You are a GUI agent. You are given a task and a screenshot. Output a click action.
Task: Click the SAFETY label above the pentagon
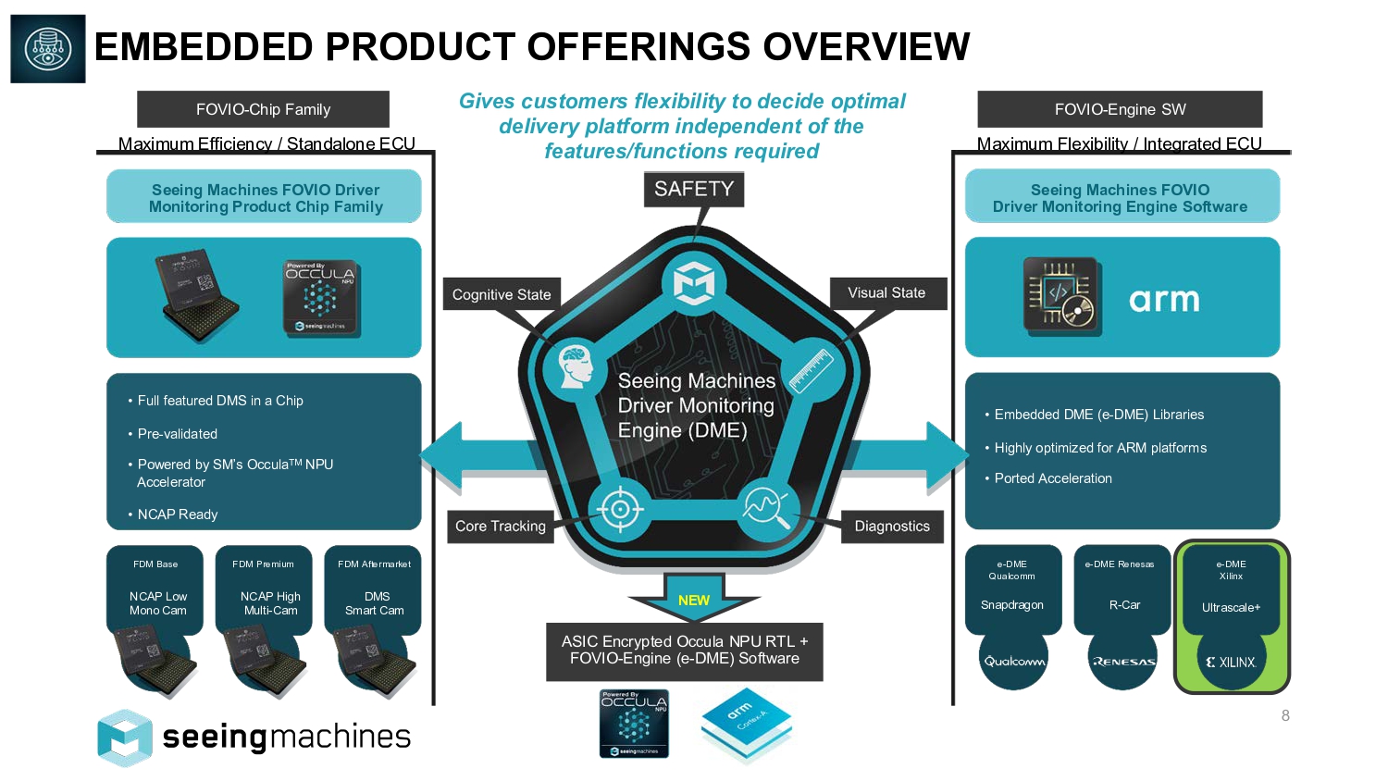click(x=694, y=190)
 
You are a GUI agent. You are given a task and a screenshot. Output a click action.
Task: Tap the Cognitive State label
click(x=501, y=294)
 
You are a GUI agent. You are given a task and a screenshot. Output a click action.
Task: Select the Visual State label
click(x=886, y=293)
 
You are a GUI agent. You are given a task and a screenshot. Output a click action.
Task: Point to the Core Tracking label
click(x=501, y=527)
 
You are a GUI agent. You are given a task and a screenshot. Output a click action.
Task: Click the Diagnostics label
click(x=892, y=527)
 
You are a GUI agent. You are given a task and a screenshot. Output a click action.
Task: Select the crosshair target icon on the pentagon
click(x=621, y=508)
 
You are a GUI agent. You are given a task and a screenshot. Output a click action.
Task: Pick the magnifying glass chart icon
click(x=765, y=506)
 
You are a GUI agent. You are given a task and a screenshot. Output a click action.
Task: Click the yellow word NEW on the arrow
click(x=694, y=601)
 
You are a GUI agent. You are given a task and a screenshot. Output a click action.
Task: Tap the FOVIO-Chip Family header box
click(x=263, y=109)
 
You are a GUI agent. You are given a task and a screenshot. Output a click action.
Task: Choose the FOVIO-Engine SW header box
click(x=1120, y=109)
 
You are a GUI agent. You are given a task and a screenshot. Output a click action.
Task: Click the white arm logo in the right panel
click(x=1164, y=300)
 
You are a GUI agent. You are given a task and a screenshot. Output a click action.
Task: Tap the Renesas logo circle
click(x=1123, y=661)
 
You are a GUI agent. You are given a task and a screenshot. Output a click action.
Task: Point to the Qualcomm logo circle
click(x=1014, y=661)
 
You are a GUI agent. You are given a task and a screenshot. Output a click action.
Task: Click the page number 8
click(x=1285, y=715)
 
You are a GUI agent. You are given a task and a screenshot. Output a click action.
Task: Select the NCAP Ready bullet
click(x=178, y=514)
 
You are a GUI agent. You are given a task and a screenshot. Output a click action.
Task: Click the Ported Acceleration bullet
click(x=1053, y=478)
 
